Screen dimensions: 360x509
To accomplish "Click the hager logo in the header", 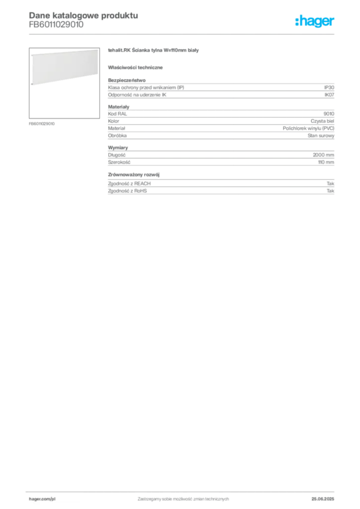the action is tap(315, 21).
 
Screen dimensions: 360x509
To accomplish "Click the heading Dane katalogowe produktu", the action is tap(84, 15).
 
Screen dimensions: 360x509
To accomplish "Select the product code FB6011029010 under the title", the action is tap(56, 25).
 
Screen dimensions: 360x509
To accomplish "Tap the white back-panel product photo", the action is tap(64, 67).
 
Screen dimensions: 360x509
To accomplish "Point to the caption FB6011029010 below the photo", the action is tap(42, 124).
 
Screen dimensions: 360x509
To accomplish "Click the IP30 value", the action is tap(329, 87).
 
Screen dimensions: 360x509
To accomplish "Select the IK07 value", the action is tap(329, 95).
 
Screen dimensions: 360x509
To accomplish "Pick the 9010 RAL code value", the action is tap(329, 114).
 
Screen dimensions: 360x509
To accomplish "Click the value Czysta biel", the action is tap(322, 121).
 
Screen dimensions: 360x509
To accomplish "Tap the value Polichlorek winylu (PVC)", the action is tap(308, 128).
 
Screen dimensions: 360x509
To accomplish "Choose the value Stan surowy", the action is tap(321, 136).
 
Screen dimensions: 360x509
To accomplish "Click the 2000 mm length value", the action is tap(323, 155).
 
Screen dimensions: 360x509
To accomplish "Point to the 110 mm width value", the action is tap(326, 162).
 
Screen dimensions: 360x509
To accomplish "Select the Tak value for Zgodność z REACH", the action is tap(331, 183).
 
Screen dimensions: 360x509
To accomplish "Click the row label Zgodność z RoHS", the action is tap(127, 191).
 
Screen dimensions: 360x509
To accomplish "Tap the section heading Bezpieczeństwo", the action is tap(127, 80).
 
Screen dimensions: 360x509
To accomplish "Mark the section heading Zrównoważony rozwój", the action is tap(134, 174).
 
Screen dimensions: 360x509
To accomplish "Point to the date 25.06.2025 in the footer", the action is tap(323, 499).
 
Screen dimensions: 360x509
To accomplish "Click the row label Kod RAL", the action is tap(117, 114).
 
